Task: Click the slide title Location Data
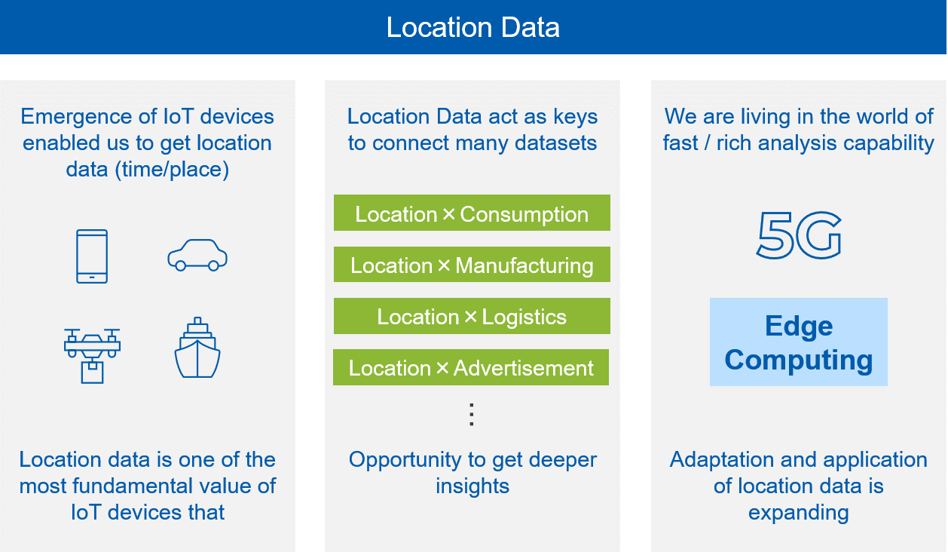472,28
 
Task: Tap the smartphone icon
92,256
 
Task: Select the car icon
197,255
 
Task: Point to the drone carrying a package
92,356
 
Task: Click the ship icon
197,348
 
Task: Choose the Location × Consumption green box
472,213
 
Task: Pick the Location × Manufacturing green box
472,265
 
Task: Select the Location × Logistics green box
472,316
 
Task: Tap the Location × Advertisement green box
471,367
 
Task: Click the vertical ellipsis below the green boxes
472,414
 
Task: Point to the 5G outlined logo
799,235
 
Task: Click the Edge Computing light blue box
799,342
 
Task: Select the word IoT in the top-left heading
179,116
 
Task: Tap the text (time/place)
172,170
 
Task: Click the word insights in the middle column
472,486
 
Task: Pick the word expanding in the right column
799,513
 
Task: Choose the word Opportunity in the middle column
405,461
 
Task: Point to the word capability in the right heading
888,143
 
